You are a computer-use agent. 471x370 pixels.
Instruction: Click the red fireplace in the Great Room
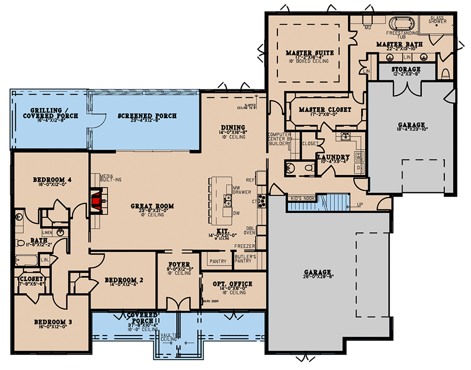tap(96, 201)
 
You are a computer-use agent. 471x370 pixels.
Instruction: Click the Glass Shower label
tap(438, 19)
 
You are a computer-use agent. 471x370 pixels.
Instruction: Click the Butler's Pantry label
tap(245, 258)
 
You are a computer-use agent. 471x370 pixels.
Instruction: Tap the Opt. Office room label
tap(233, 284)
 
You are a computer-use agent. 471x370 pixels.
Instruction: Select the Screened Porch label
tap(147, 115)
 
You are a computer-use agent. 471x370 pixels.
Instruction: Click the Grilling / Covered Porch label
tap(47, 112)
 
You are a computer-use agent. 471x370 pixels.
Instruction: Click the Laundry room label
tap(333, 157)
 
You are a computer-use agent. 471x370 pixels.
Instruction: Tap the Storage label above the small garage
tap(405, 69)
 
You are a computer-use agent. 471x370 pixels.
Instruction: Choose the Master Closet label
tap(324, 110)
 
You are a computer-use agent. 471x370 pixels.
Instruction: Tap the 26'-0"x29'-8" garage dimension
tap(319, 278)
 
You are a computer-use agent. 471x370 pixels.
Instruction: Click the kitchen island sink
tap(228, 200)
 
